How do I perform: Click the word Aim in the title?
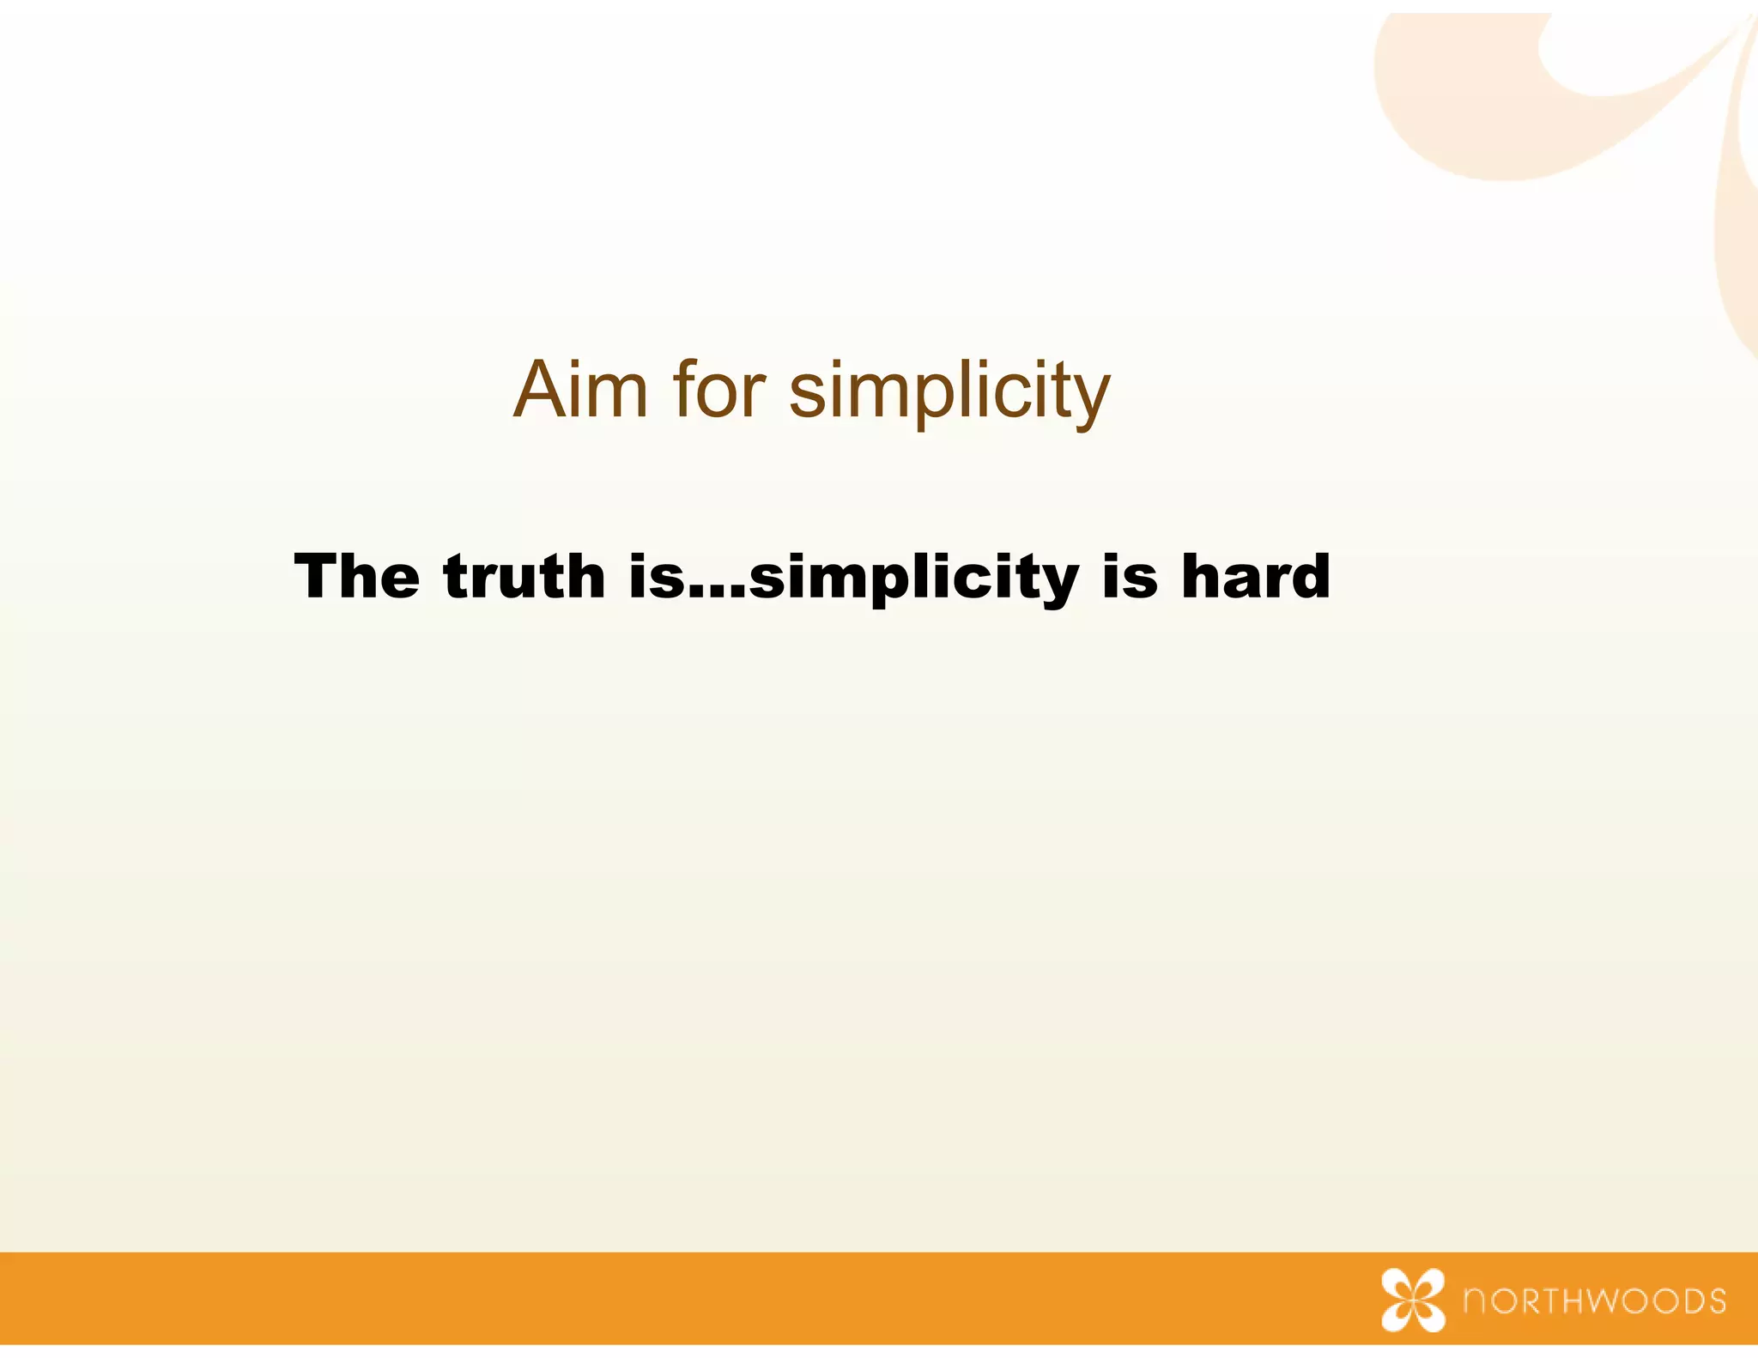click(579, 391)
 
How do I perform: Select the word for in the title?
click(719, 391)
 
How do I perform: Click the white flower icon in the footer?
click(1413, 1300)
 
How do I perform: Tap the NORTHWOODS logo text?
click(1595, 1300)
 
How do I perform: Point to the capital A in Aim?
click(540, 391)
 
